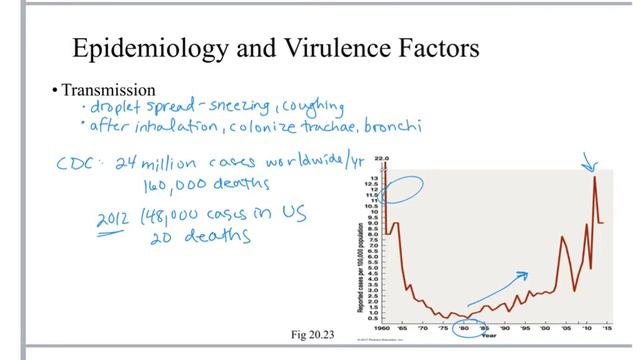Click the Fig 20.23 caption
tap(308, 332)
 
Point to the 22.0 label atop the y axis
tap(380, 158)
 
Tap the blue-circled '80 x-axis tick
tap(464, 327)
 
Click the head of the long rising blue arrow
tap(526, 273)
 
